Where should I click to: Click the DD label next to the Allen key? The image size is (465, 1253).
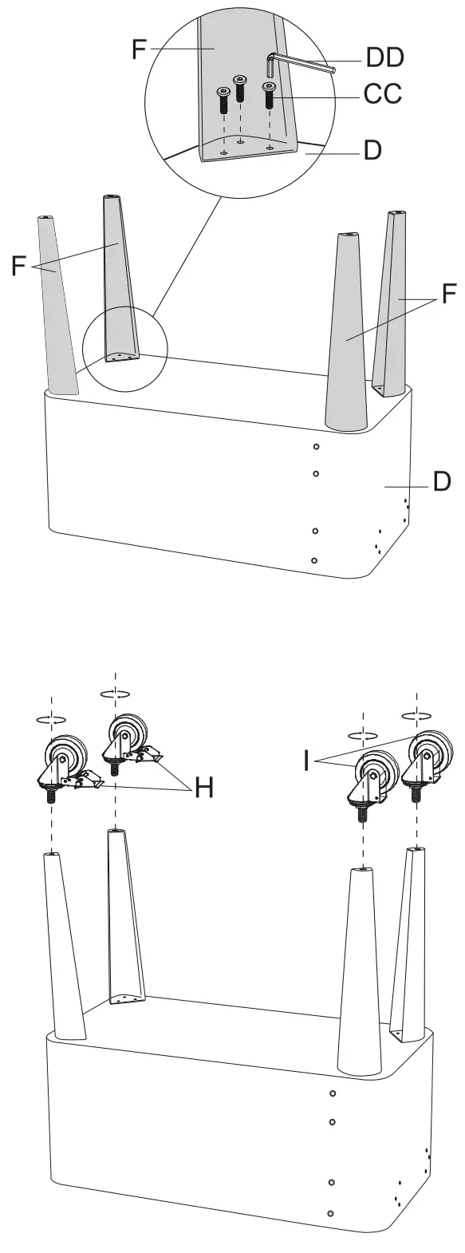pos(384,57)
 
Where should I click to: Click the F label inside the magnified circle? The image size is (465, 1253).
pos(139,49)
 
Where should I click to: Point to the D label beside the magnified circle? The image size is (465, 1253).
pos(373,149)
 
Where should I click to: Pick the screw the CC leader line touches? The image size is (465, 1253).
pos(270,96)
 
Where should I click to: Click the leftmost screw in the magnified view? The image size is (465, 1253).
pos(222,101)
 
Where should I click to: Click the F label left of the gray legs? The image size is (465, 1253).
pos(18,265)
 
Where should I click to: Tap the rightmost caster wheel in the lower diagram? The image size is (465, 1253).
pos(430,749)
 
